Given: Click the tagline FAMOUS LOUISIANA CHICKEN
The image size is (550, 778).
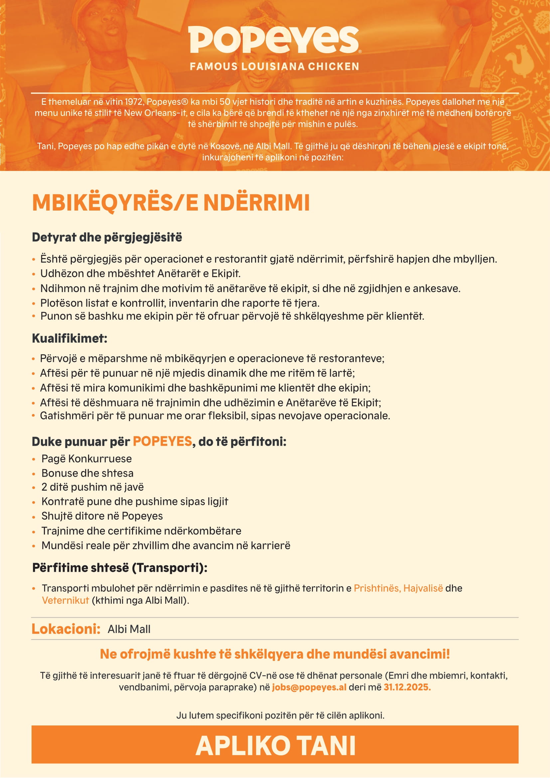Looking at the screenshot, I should coord(274,67).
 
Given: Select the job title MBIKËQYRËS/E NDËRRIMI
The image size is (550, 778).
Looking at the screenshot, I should coord(171,203).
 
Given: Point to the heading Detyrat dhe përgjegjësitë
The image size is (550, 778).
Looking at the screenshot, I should coord(107,237).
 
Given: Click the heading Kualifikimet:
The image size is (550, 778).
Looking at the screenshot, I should coord(69,338).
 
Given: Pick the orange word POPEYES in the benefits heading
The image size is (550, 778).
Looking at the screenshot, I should coord(162,441).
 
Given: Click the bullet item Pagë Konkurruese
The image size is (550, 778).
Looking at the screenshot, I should coord(86,458).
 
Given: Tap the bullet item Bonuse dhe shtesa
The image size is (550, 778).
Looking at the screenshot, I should coord(87,473).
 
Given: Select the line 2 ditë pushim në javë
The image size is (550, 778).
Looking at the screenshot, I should coord(92,487).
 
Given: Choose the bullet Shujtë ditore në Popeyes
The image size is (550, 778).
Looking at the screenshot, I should coord(102,516).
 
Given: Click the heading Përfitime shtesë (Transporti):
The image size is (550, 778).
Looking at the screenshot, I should coord(120,567).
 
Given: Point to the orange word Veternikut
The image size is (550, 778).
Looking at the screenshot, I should coord(66,600).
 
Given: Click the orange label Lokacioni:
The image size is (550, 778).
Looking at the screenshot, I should coord(66,629).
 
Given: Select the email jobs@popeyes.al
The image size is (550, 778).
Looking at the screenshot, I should coord(309,687).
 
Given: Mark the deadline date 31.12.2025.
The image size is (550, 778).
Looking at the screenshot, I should coord(407,687).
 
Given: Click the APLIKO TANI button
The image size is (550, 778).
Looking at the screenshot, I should coord(275,746).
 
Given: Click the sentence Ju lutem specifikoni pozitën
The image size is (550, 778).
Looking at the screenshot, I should coord(280,715).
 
